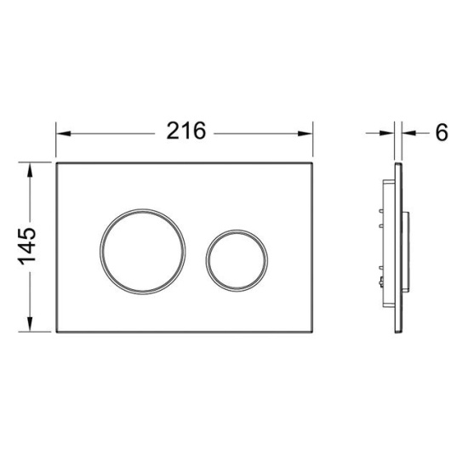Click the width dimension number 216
185,132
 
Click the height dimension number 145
26,247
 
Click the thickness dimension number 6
441,133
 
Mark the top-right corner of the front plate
313,162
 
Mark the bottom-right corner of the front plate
313,334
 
